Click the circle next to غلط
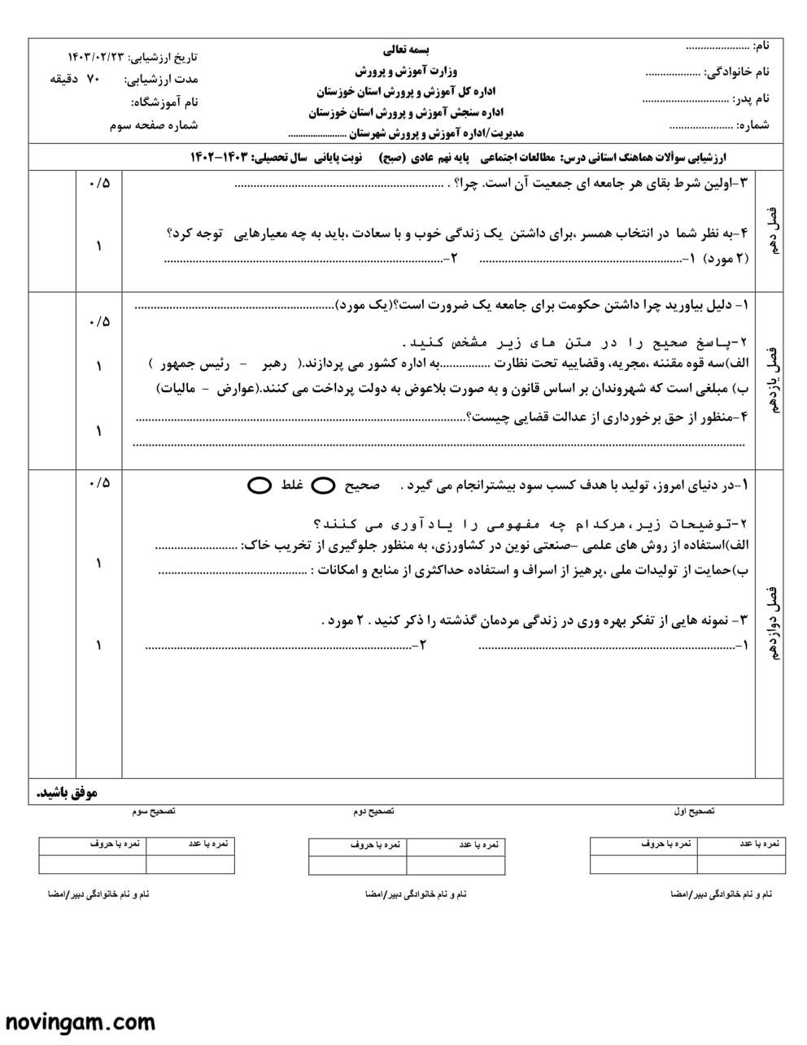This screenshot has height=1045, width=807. tap(260, 485)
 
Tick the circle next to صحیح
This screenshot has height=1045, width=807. tap(324, 485)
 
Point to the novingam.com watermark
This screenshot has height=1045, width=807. tap(81, 1021)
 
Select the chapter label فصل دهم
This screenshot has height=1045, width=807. tap(771, 231)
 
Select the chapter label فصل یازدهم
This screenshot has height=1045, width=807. tap(771, 380)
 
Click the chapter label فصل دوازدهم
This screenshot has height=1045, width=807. tap(771, 622)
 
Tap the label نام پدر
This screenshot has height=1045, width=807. tap(751, 99)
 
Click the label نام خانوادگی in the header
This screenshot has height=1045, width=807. tap(736, 72)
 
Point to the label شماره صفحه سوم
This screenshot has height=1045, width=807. tap(154, 125)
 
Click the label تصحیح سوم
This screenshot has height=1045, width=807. tap(154, 812)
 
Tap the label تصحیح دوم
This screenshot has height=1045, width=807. tap(373, 812)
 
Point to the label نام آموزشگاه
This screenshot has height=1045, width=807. tap(164, 102)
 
